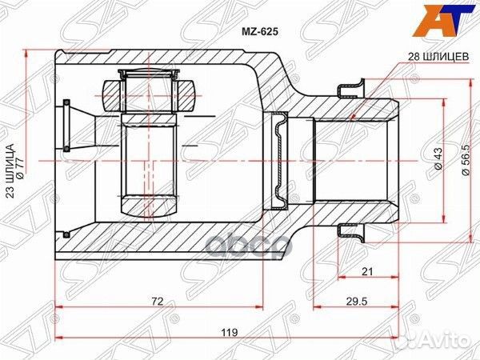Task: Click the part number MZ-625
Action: [262, 35]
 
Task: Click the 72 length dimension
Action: [158, 302]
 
